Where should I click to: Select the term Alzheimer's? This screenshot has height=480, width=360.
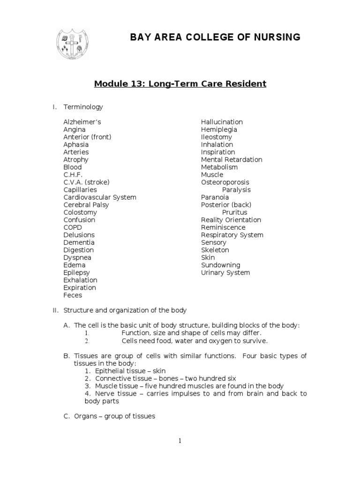coord(82,122)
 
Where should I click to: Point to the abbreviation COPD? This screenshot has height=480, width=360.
coord(73,227)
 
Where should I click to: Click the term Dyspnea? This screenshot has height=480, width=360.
coord(77,257)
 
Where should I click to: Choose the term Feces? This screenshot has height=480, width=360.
coord(73,295)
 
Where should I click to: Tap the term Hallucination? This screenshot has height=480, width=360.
coord(222,122)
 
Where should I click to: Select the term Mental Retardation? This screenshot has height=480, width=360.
coord(232,159)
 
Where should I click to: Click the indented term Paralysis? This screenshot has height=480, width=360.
coord(236,190)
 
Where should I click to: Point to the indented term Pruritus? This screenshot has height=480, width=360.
coord(235,212)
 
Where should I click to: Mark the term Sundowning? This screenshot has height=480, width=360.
coord(220,265)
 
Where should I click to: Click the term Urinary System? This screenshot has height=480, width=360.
coord(225,272)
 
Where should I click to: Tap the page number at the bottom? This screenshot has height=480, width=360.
coord(180,441)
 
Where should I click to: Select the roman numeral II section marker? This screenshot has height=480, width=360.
coord(55,310)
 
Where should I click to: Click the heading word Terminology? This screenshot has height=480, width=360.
coord(83,107)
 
